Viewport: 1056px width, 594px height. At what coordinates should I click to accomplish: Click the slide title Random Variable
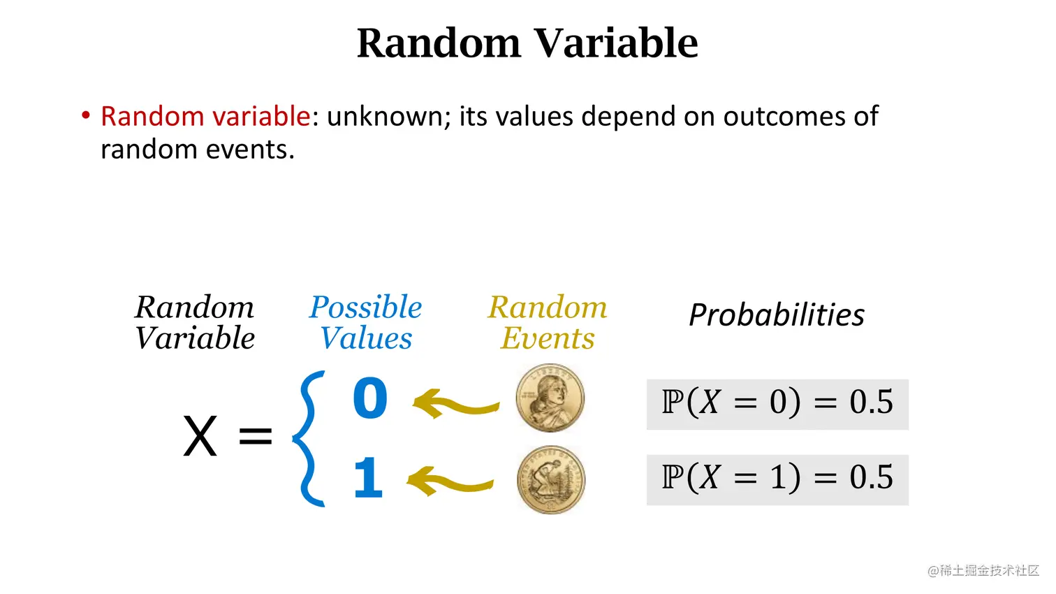click(527, 43)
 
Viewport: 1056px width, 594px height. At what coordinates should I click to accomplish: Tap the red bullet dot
click(85, 115)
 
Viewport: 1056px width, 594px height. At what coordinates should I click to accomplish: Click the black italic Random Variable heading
click(195, 323)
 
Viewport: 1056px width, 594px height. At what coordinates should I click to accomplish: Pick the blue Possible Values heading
click(365, 323)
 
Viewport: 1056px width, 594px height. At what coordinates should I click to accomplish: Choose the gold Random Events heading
click(548, 323)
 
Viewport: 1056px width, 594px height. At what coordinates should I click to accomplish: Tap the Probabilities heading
click(777, 314)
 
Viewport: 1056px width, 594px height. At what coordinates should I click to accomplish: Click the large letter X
click(200, 437)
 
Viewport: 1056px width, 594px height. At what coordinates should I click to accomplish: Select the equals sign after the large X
click(256, 435)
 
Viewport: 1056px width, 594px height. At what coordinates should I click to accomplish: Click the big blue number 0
click(371, 398)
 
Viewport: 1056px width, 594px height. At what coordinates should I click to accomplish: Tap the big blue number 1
click(369, 477)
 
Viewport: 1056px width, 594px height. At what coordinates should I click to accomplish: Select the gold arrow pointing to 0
click(456, 404)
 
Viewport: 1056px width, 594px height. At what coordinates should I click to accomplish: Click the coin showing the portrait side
click(550, 398)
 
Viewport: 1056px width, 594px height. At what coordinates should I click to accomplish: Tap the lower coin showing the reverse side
click(551, 480)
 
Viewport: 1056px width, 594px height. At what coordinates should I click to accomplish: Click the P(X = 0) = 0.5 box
click(777, 405)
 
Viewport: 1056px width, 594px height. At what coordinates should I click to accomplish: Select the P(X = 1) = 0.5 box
click(777, 480)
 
